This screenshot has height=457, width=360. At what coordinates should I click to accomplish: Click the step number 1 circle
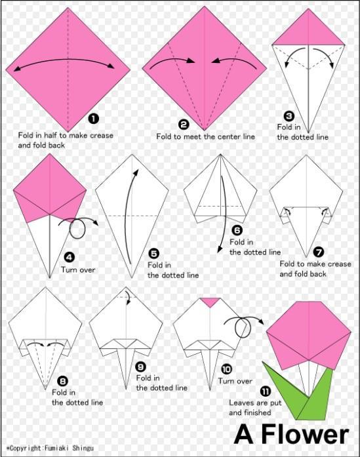93,119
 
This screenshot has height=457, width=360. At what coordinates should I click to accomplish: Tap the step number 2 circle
184,123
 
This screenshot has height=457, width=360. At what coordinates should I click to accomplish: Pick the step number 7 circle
319,251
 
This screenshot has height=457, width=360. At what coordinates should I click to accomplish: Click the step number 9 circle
141,367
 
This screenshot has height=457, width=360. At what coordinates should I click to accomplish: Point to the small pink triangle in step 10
209,302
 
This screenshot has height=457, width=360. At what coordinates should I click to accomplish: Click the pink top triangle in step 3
308,30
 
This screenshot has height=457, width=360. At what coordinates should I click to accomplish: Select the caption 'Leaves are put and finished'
252,408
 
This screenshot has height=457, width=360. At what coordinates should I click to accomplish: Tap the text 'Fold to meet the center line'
205,136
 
